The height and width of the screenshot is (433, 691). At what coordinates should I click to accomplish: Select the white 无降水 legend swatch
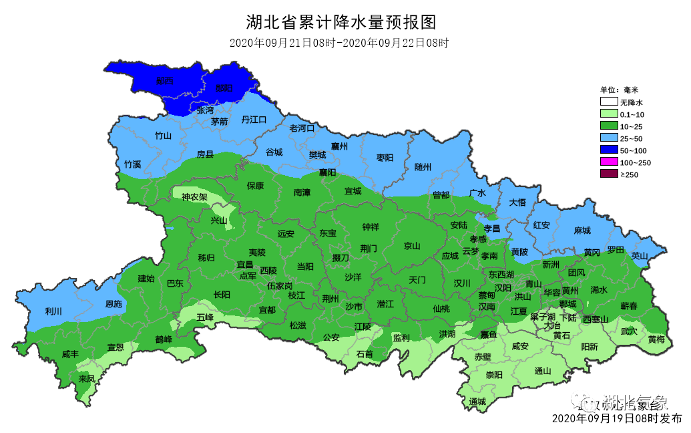pos(608,102)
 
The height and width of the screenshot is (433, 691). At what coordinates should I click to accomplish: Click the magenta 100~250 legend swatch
pos(608,162)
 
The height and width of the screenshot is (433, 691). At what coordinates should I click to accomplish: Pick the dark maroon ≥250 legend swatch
pos(608,174)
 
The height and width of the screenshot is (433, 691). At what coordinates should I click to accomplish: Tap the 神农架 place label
pos(194,197)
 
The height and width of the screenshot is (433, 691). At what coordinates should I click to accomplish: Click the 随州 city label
pos(423,166)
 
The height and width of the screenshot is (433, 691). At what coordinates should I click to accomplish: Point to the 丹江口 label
pos(254,120)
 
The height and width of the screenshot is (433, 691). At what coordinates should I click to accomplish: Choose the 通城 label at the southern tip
pos(477,402)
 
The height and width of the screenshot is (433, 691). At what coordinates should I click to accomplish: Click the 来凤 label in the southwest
pos(87,378)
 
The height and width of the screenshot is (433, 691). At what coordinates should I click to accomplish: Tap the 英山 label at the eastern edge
pos(639,255)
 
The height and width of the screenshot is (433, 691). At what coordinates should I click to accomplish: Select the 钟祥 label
pos(371,227)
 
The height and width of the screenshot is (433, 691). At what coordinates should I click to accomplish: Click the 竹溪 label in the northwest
pos(132,164)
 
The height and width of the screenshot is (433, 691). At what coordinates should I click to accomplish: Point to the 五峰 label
pos(205,317)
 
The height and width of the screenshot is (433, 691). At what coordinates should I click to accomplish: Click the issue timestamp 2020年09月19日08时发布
pos(617,419)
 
